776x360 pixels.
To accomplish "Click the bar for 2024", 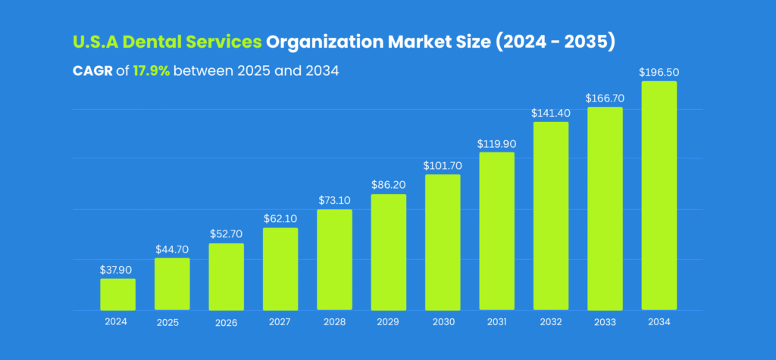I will (x=117, y=294).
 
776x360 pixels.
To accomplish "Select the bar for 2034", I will (x=659, y=196).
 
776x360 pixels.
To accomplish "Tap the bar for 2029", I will (x=388, y=252).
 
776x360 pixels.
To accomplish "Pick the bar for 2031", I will (x=496, y=231).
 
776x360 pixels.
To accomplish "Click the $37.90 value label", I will (x=117, y=269).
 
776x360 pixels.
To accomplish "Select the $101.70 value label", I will (x=443, y=165).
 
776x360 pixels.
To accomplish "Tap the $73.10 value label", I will (x=334, y=200).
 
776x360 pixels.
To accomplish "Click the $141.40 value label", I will (x=551, y=112).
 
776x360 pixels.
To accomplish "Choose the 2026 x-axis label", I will (x=226, y=322).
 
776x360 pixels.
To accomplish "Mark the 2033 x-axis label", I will (x=605, y=321).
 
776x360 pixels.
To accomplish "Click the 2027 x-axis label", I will (x=280, y=321).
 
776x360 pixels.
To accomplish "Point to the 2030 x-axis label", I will (x=443, y=321).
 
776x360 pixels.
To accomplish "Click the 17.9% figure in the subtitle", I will (x=152, y=70).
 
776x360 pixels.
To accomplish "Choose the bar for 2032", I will (x=551, y=216).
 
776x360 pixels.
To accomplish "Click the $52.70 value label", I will (x=226, y=233).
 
